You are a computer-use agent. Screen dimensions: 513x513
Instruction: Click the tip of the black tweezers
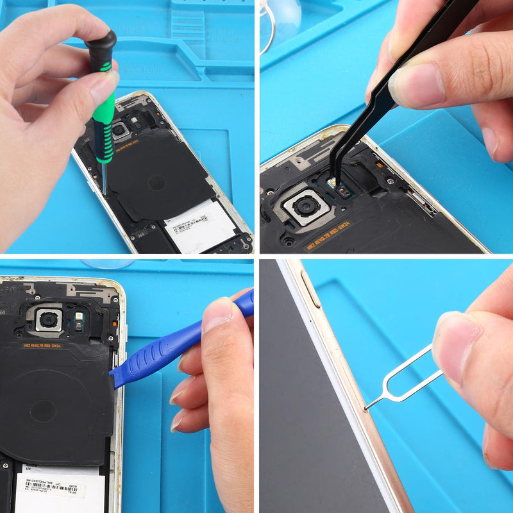[x=333, y=181]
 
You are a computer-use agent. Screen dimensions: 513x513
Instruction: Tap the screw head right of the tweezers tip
[x=391, y=181]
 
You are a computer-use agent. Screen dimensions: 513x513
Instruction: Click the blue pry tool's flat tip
[x=116, y=378]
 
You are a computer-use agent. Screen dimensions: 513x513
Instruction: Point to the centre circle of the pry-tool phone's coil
[x=44, y=410]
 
